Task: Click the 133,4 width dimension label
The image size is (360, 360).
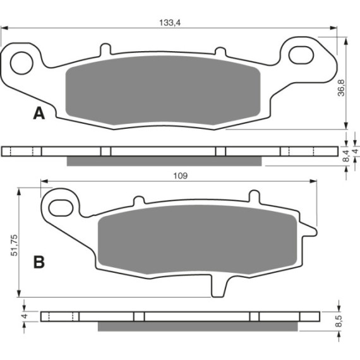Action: click(170, 23)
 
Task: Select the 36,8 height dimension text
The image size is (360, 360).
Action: click(342, 88)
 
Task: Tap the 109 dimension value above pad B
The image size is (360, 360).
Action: click(181, 176)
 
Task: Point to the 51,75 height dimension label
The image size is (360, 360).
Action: click(15, 245)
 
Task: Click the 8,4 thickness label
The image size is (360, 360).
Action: click(346, 155)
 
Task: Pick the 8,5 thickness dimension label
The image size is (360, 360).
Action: click(339, 321)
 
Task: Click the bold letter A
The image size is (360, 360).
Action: click(39, 114)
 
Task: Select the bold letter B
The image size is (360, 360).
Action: click(39, 262)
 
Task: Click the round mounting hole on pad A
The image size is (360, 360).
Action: click(22, 63)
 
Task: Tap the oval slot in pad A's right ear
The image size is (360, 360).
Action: click(301, 55)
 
